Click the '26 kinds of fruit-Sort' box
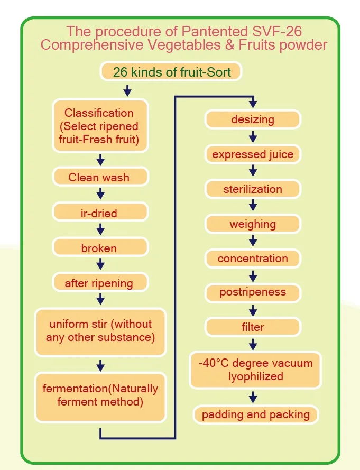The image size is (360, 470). [x=171, y=71]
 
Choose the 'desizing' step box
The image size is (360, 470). [x=253, y=119]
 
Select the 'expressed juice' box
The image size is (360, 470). [x=253, y=154]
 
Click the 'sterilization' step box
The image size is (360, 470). [x=253, y=189]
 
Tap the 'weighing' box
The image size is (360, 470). [x=253, y=224]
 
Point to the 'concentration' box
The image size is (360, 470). [x=253, y=259]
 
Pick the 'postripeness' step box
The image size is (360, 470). [x=253, y=292]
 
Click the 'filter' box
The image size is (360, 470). [x=253, y=327]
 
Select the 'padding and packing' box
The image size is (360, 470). [x=256, y=414]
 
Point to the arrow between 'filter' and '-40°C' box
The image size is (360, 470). [x=253, y=344]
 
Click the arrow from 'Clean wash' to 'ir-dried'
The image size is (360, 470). [x=100, y=195]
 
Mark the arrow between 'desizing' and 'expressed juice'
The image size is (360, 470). [x=253, y=137]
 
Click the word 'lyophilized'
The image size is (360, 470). [x=256, y=376]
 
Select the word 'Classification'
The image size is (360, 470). [x=99, y=113]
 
